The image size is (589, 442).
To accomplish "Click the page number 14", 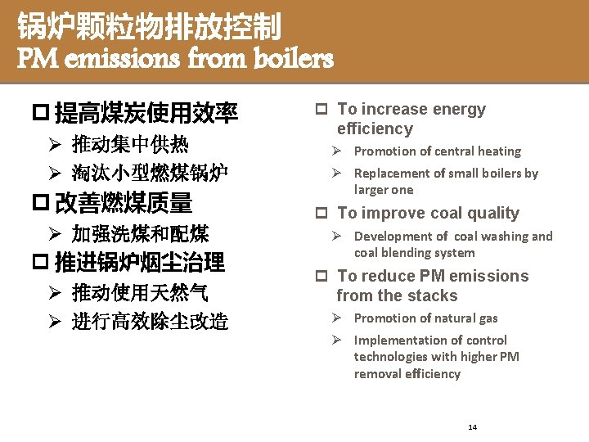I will click(473, 427).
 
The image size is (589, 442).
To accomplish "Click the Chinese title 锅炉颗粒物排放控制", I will click(150, 28).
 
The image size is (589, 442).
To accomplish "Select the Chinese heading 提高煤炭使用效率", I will click(146, 112).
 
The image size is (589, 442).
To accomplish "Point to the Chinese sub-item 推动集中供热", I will click(130, 146).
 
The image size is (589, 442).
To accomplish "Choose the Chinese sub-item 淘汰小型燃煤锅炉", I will click(150, 172).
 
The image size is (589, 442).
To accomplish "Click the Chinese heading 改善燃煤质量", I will click(124, 202).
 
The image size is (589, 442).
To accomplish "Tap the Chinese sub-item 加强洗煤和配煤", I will click(140, 234).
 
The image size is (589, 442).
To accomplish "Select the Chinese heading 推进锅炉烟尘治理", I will click(140, 263).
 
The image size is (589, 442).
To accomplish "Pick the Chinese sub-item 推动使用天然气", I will click(140, 292).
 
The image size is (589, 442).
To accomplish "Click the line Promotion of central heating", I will click(437, 151).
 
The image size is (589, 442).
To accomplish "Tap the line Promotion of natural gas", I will click(425, 318).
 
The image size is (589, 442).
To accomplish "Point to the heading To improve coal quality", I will click(428, 214).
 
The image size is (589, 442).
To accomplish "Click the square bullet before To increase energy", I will click(322, 110).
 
